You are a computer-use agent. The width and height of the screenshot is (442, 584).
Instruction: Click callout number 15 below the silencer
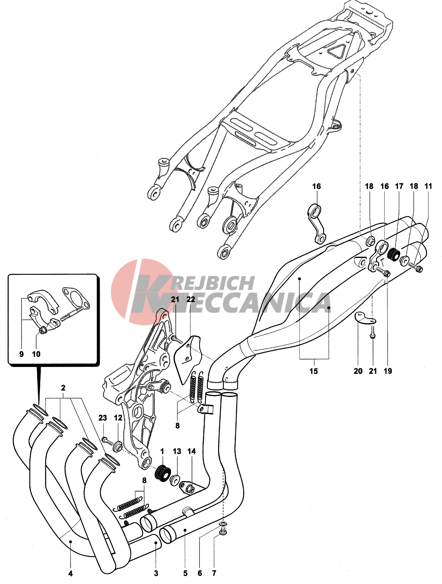pyautogui.click(x=313, y=371)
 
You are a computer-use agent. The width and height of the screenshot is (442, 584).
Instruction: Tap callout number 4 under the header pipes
pyautogui.click(x=71, y=573)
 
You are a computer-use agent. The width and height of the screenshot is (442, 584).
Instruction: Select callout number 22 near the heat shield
pyautogui.click(x=190, y=299)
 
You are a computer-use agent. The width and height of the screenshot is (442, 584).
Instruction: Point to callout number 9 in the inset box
pyautogui.click(x=21, y=354)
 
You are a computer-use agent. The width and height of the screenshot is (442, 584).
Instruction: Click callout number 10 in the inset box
pyautogui.click(x=36, y=354)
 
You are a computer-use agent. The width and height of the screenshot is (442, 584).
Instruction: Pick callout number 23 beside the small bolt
pyautogui.click(x=103, y=418)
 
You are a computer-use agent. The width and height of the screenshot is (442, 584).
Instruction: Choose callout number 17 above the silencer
pyautogui.click(x=399, y=186)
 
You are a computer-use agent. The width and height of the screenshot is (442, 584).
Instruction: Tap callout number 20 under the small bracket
pyautogui.click(x=358, y=371)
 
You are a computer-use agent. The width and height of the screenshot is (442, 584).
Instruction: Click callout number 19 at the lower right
pyautogui.click(x=388, y=371)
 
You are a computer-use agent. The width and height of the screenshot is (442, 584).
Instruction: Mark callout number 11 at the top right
pyautogui.click(x=428, y=186)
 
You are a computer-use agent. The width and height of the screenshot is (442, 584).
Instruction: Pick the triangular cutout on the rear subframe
pyautogui.click(x=337, y=51)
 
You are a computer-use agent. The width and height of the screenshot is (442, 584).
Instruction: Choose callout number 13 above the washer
pyautogui.click(x=177, y=451)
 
